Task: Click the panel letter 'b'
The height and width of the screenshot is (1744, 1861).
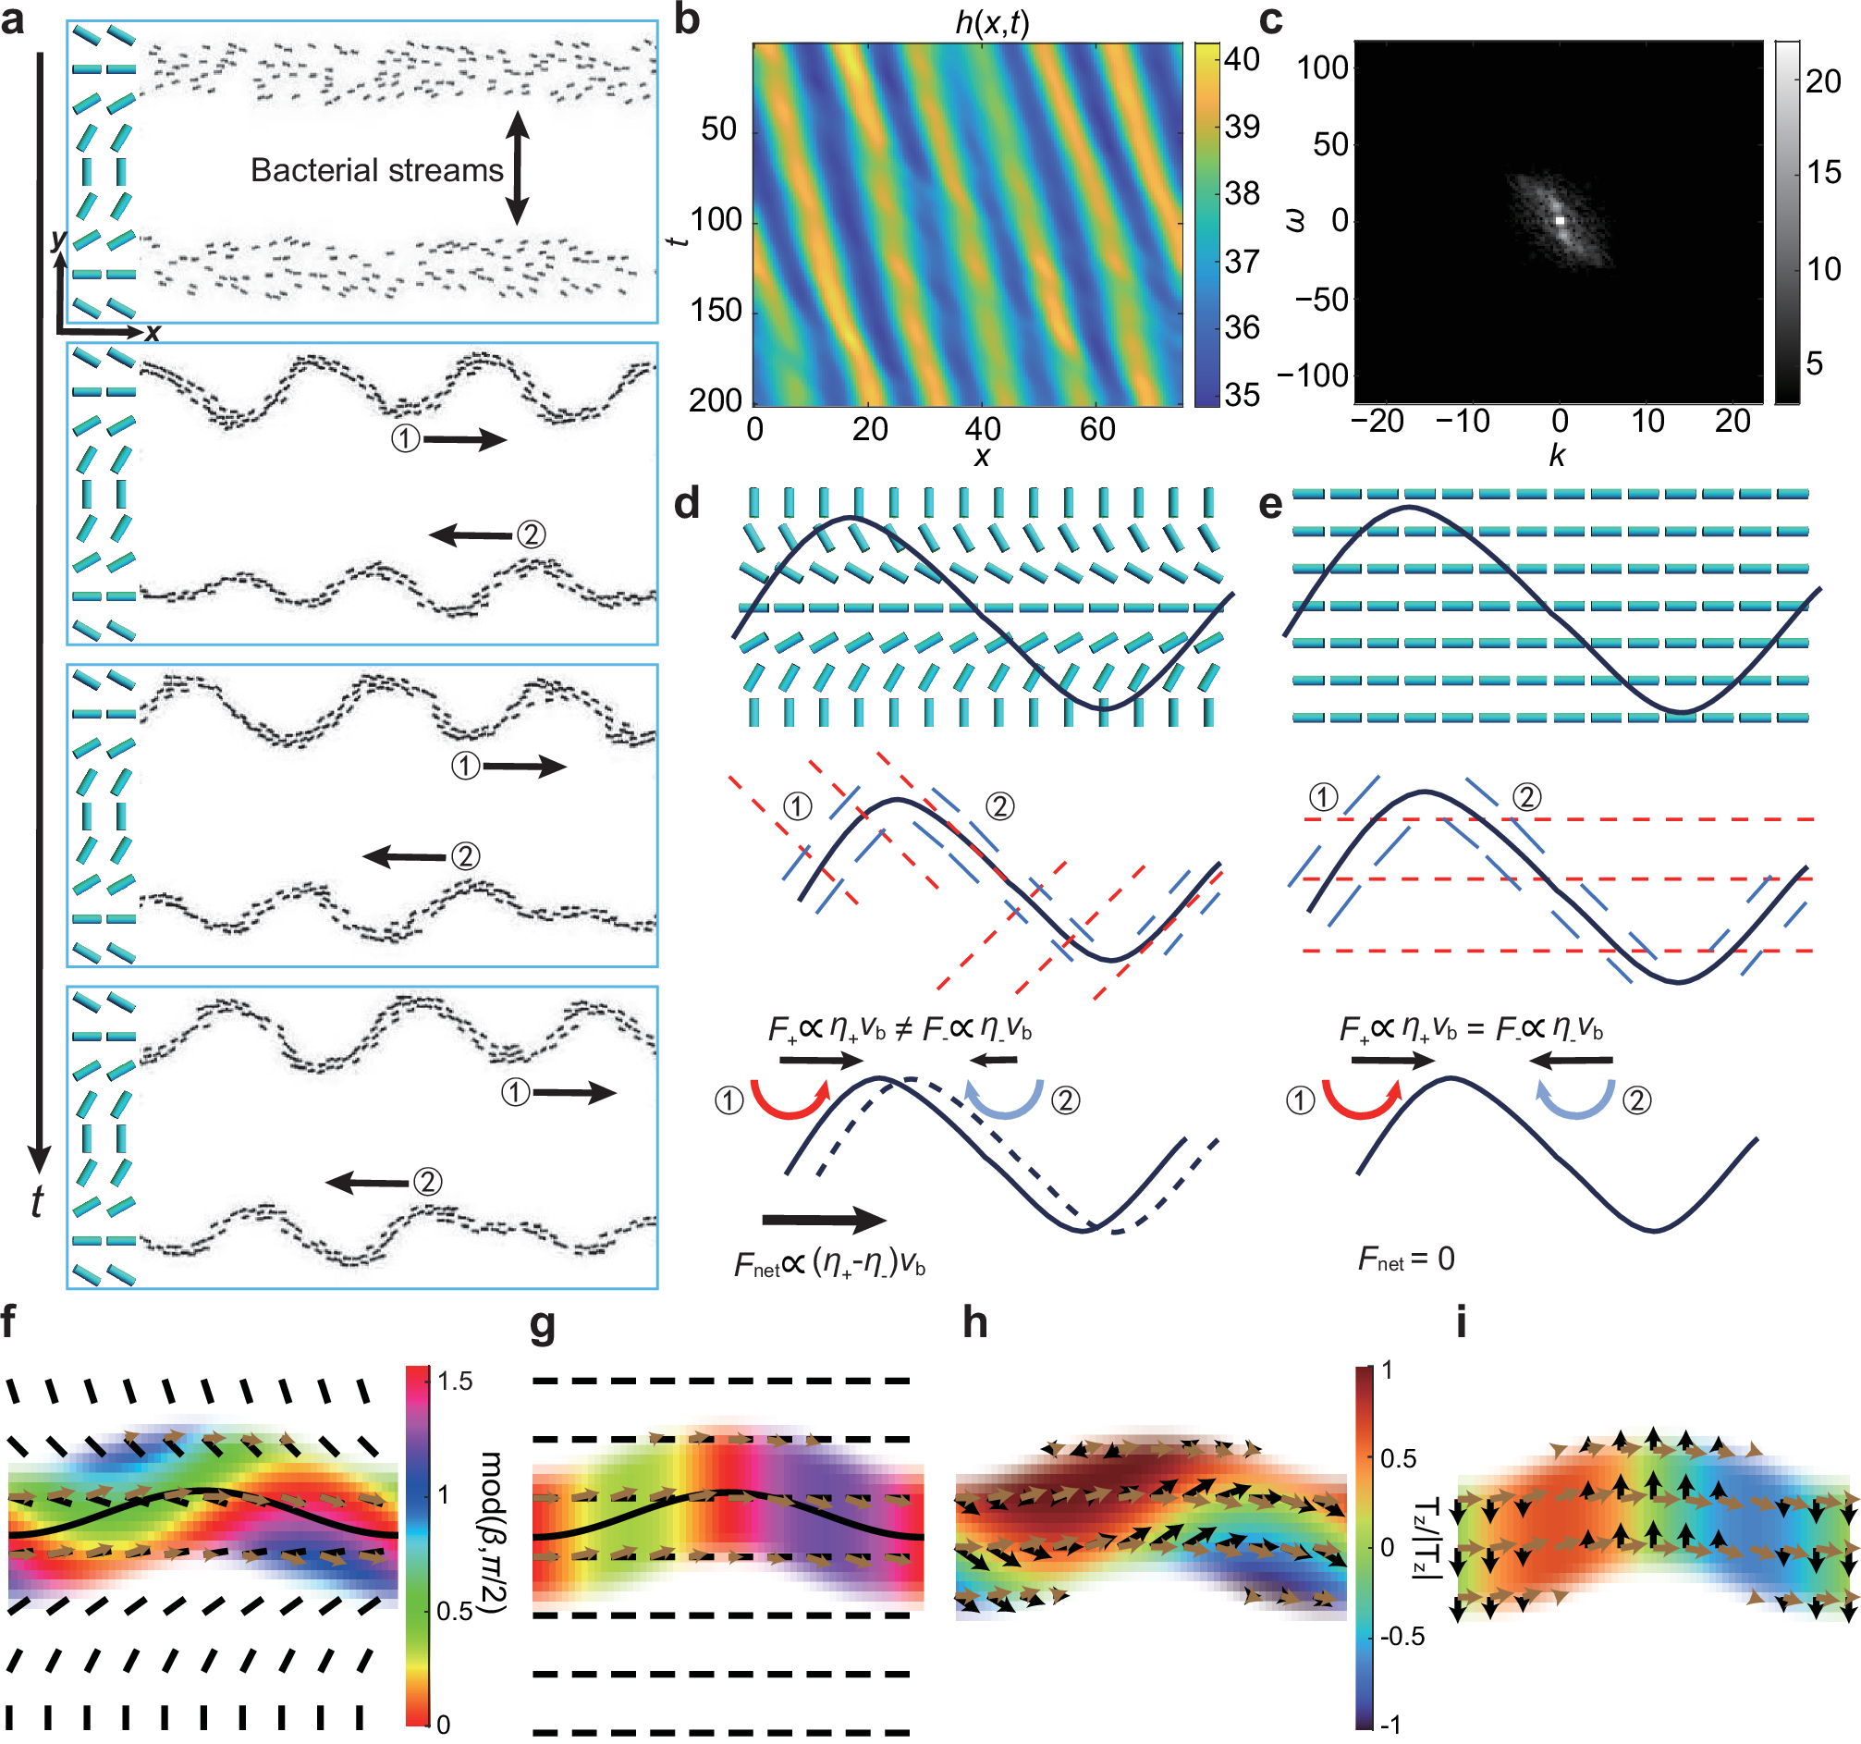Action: pyautogui.click(x=687, y=20)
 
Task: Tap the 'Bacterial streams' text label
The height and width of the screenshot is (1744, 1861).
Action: pyautogui.click(x=376, y=170)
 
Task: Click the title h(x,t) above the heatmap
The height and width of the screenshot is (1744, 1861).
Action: pyautogui.click(x=991, y=21)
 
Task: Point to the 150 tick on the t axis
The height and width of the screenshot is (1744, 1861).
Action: pyautogui.click(x=716, y=310)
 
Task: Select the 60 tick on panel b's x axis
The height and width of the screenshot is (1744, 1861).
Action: pyautogui.click(x=1097, y=430)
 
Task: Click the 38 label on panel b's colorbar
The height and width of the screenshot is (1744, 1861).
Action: pyautogui.click(x=1243, y=194)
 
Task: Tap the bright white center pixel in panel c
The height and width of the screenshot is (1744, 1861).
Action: pyautogui.click(x=1561, y=220)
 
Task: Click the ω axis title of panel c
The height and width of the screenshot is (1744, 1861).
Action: pyautogui.click(x=1295, y=221)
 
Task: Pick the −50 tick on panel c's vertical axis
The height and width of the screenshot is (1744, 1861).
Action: pyautogui.click(x=1321, y=300)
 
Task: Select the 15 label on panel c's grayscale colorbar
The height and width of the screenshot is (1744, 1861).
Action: pyautogui.click(x=1822, y=172)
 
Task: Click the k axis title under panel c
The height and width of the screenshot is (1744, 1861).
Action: pyautogui.click(x=1557, y=455)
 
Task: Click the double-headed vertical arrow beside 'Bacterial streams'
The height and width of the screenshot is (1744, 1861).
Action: pyautogui.click(x=518, y=168)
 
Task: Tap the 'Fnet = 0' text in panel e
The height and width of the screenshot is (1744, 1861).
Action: pyautogui.click(x=1406, y=1259)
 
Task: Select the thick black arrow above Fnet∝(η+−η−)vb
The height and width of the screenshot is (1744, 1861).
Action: pyautogui.click(x=824, y=1219)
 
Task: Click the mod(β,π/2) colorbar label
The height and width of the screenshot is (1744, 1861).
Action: pyautogui.click(x=493, y=1532)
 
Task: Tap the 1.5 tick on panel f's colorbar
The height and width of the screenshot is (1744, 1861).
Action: pyautogui.click(x=455, y=1382)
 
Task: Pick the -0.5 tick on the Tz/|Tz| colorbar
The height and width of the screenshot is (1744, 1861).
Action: pyautogui.click(x=1402, y=1636)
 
